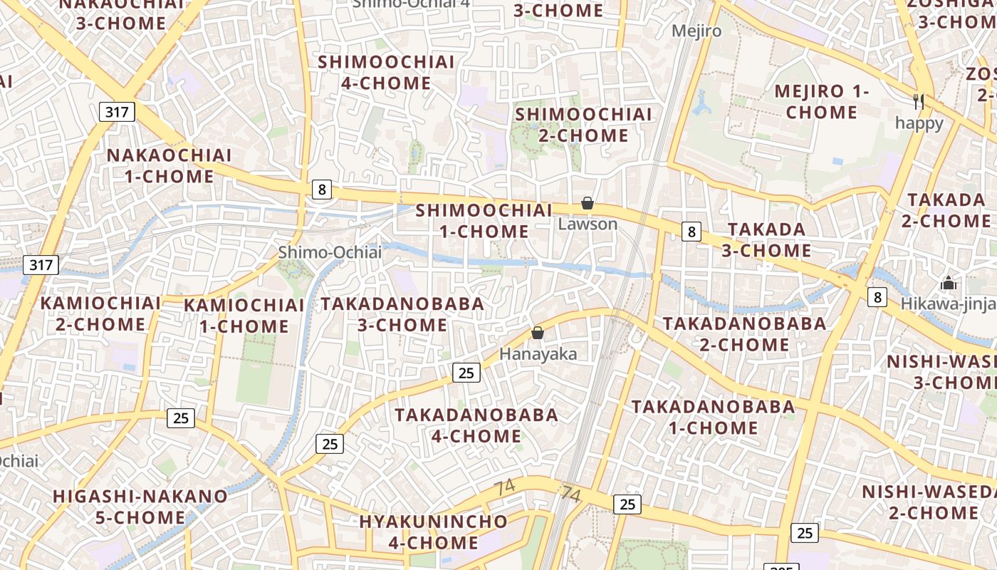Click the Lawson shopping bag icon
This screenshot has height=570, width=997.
point(588,204)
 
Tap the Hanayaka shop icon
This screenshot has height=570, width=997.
point(538,333)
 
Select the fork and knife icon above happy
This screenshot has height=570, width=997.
point(919,102)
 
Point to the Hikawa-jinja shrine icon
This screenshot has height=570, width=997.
point(948,284)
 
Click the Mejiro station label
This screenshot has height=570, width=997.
point(696,31)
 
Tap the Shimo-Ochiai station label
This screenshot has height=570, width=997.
point(330,252)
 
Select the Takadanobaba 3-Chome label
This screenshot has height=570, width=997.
point(402,314)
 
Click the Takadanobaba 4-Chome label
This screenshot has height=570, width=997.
point(476,425)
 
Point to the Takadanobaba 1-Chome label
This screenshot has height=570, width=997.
point(713,417)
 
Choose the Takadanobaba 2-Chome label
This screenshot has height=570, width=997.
point(745,333)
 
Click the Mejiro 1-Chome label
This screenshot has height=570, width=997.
point(822,102)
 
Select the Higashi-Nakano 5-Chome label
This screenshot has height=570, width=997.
point(140,506)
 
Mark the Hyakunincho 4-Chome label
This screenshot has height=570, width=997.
point(433,532)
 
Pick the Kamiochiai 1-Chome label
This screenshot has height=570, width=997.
point(244,316)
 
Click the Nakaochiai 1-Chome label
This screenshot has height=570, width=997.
point(169,165)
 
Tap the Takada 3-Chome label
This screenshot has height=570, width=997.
point(766,239)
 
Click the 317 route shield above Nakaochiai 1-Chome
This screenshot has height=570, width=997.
point(117,112)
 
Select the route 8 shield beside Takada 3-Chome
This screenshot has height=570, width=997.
point(691,232)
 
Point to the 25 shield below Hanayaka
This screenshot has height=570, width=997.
point(466,373)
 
